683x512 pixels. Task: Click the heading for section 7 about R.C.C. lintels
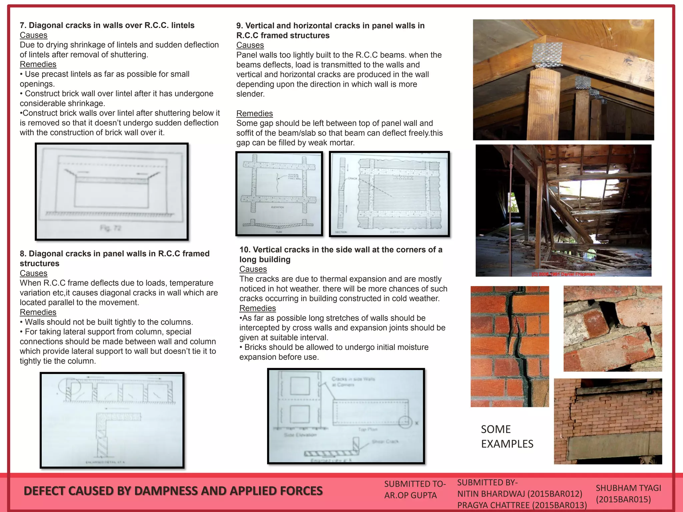[x=107, y=25]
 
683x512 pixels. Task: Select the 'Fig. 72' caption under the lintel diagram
[x=110, y=228]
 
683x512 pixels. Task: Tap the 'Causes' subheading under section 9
[x=250, y=45]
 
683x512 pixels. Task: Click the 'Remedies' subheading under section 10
[x=257, y=308]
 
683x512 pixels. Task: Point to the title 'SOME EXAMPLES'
[x=507, y=436]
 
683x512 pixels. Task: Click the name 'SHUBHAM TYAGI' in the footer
[x=628, y=488]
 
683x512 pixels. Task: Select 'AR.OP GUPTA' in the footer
[x=410, y=495]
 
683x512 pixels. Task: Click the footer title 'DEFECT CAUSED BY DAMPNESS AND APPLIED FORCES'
[x=173, y=491]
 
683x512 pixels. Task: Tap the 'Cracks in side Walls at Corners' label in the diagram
[x=353, y=382]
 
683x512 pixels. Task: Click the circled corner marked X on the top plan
[x=405, y=422]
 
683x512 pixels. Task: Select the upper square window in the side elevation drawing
[x=299, y=386]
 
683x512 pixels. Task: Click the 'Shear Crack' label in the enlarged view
[x=385, y=442]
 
